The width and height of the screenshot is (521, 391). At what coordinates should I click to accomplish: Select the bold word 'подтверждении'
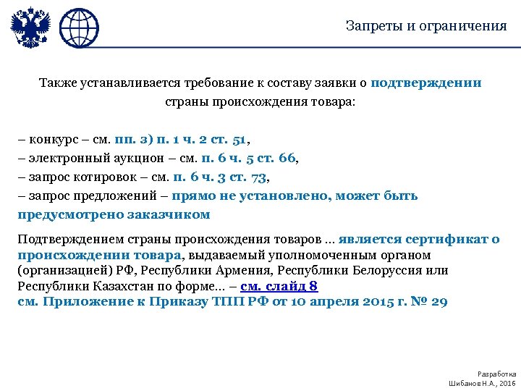tap(426, 83)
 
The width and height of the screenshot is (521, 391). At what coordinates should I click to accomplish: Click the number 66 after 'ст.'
tap(287, 158)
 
